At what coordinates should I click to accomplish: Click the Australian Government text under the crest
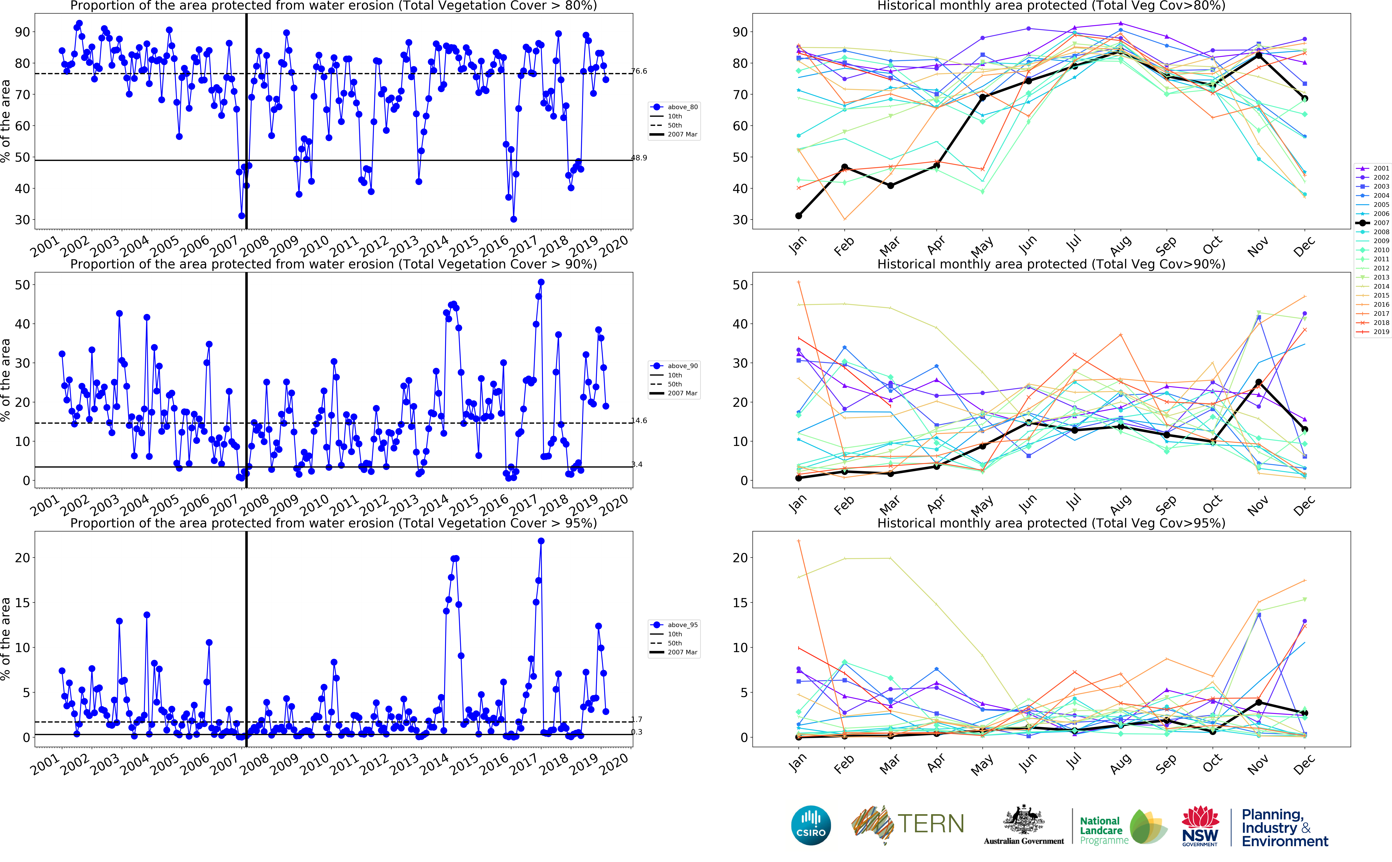[1024, 841]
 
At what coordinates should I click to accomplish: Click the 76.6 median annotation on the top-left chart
[639, 71]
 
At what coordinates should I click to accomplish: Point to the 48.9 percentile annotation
[639, 158]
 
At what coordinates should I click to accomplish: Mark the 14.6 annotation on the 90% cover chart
[639, 421]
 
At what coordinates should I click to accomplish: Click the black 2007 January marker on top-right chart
[798, 216]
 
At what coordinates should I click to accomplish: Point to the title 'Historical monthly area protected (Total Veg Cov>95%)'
[1051, 523]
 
